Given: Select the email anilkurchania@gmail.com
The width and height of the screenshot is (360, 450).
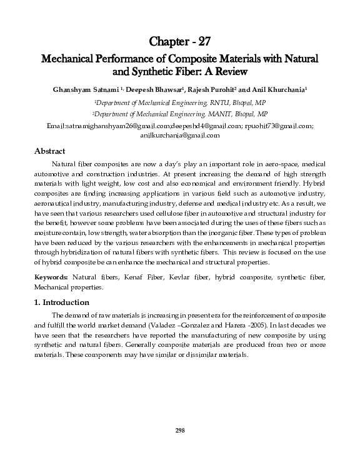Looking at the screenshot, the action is click(180, 135).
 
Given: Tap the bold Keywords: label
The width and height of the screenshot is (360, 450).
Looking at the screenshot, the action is click(49, 276).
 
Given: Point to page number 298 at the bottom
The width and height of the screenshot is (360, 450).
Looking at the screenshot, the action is click(180, 431).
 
